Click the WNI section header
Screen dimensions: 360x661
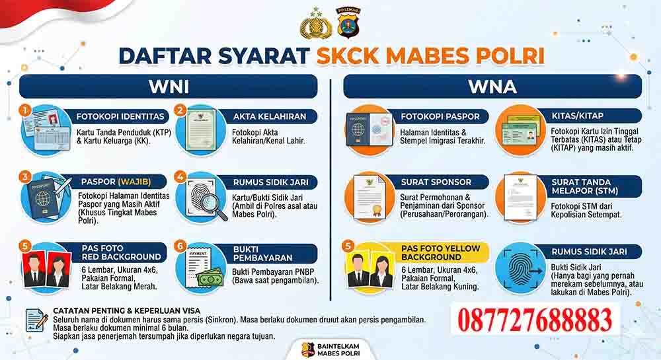pyautogui.click(x=169, y=87)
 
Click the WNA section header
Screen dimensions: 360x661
pyautogui.click(x=492, y=87)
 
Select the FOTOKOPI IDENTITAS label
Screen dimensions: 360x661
pyautogui.click(x=120, y=116)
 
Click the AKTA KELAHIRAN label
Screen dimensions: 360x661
pyautogui.click(x=270, y=116)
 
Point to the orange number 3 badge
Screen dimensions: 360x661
pyautogui.click(x=26, y=176)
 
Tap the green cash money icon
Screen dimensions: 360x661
pyautogui.click(x=210, y=279)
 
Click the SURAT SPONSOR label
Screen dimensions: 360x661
pyautogui.click(x=436, y=181)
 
